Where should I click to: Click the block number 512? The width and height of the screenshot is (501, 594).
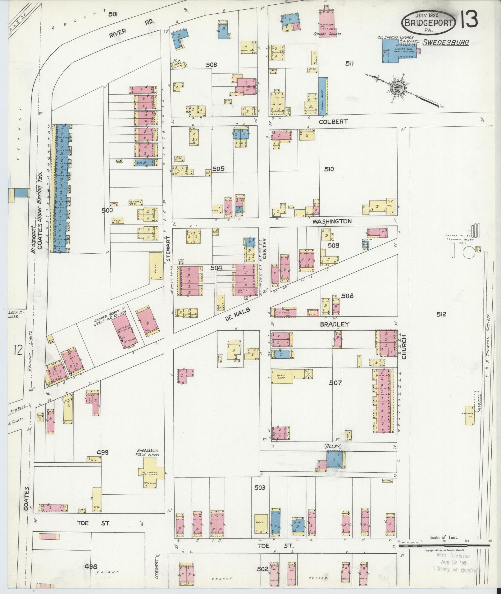[x=441, y=314]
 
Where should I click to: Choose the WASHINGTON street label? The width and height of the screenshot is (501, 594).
[x=332, y=221]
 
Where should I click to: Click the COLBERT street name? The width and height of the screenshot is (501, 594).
[x=333, y=122]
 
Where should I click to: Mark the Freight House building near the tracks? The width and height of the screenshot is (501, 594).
[x=470, y=415]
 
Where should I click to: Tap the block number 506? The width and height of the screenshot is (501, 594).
[x=211, y=65]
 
